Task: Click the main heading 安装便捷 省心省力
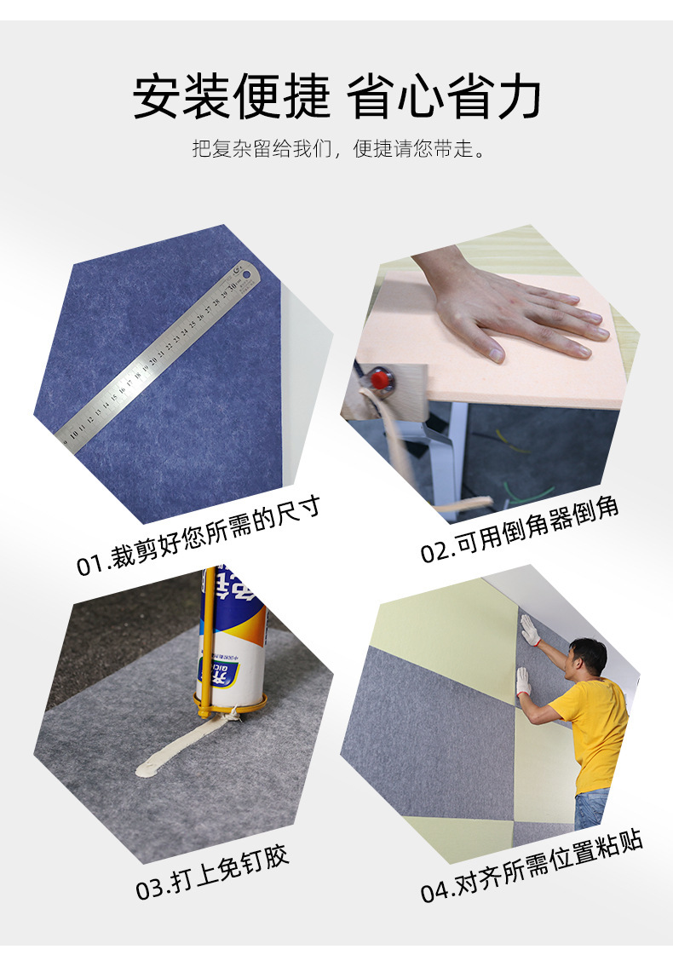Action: (336, 97)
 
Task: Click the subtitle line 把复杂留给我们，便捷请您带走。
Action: (336, 151)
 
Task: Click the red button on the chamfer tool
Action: (376, 377)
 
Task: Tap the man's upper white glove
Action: (530, 630)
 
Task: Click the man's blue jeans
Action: (591, 808)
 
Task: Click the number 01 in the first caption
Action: (90, 565)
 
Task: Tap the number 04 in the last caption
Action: (435, 892)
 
